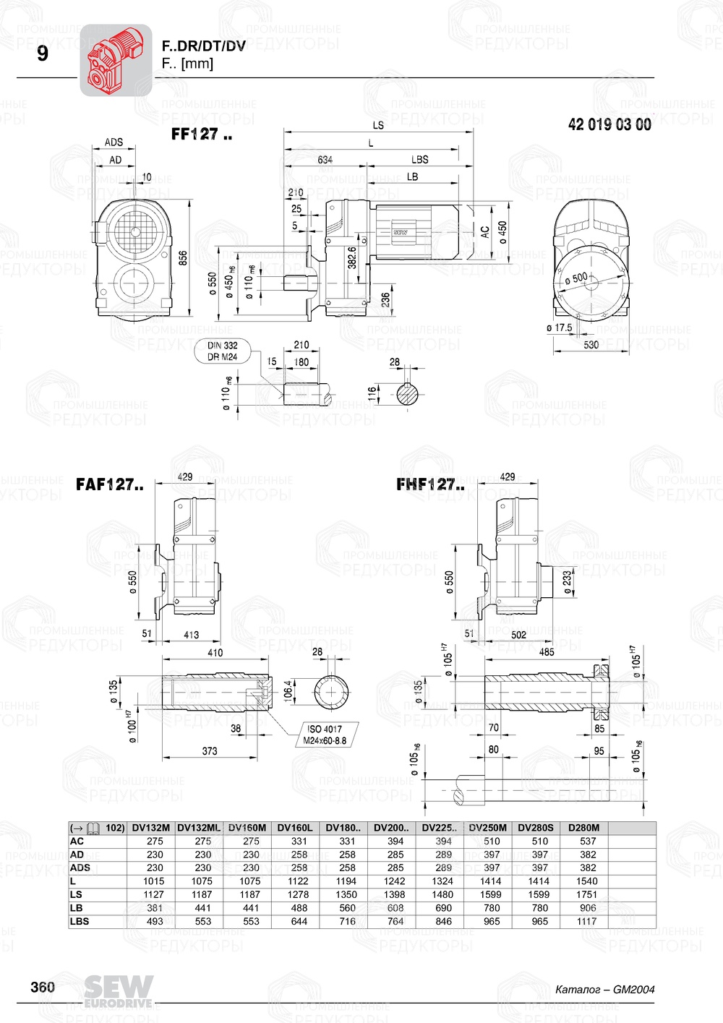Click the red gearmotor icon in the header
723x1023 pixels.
click(115, 60)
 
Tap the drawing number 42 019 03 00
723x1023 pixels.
click(609, 124)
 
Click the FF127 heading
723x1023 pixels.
click(201, 134)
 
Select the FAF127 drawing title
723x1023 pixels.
click(109, 484)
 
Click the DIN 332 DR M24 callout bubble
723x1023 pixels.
click(223, 351)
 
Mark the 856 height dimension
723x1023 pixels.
click(183, 259)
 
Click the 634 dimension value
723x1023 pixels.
click(325, 160)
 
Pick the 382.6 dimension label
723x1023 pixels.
click(352, 258)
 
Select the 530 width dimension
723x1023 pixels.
click(591, 345)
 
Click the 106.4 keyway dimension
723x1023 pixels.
click(288, 690)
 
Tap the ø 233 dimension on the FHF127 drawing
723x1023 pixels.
click(568, 582)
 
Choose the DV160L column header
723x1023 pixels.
click(295, 828)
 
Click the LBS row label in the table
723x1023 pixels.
click(80, 921)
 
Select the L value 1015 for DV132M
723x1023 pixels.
click(154, 881)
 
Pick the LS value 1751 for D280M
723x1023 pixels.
click(587, 894)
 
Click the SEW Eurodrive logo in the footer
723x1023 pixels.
click(119, 990)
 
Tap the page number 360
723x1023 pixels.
click(43, 987)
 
